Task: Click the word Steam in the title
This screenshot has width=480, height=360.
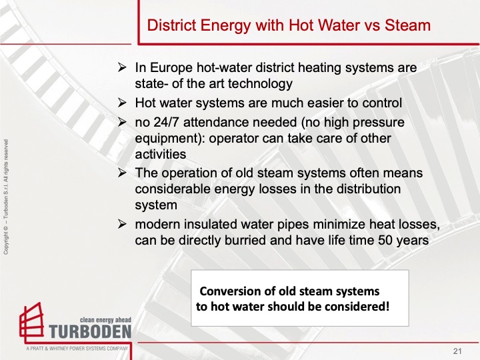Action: pyautogui.click(x=407, y=25)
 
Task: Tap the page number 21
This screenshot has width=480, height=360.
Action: pyautogui.click(x=457, y=351)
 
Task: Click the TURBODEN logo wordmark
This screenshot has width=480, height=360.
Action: pyautogui.click(x=90, y=331)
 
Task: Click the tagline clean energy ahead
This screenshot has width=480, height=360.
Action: pyautogui.click(x=105, y=320)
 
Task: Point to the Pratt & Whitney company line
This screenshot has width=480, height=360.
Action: pyautogui.click(x=77, y=349)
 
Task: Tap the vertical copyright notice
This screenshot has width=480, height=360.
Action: pyautogui.click(x=6, y=197)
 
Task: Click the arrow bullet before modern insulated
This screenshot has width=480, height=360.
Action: pyautogui.click(x=122, y=225)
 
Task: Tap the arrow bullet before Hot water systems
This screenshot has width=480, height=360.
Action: pyautogui.click(x=122, y=103)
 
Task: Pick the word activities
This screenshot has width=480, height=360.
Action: pyautogui.click(x=161, y=154)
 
